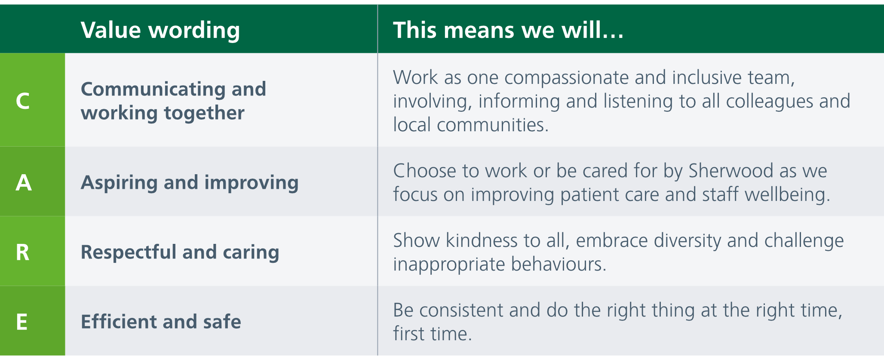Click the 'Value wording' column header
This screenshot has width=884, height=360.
click(160, 31)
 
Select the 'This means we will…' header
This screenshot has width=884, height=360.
click(508, 30)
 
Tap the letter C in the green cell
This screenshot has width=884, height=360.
click(23, 101)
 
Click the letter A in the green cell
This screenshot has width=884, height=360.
click(24, 182)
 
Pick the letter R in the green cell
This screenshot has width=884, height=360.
click(22, 252)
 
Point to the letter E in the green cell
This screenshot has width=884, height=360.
click(21, 322)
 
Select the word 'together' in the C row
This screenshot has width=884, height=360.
click(204, 113)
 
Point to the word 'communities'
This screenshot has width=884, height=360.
click(492, 125)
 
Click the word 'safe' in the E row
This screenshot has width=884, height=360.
click(222, 322)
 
